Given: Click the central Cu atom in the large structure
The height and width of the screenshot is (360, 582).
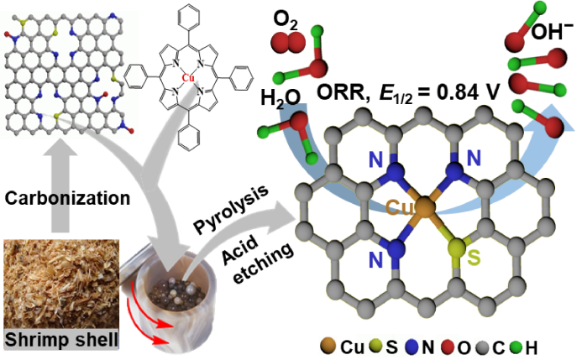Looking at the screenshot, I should pyautogui.click(x=425, y=206).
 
